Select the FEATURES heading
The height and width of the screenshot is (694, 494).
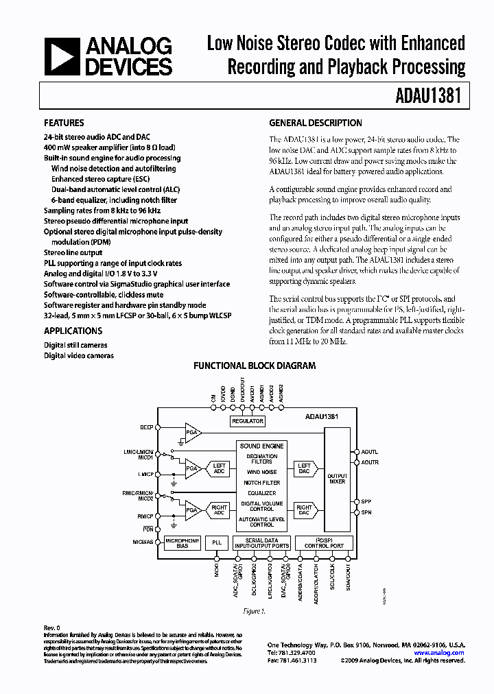(x=64, y=123)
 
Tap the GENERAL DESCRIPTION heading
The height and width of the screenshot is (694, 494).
(x=315, y=123)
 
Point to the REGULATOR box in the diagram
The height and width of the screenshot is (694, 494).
(x=248, y=421)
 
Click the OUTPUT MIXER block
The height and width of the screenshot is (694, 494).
(x=337, y=479)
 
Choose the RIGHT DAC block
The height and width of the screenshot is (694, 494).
(x=303, y=511)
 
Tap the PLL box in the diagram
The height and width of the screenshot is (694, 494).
(x=217, y=542)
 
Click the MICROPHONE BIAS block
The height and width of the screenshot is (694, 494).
(x=182, y=542)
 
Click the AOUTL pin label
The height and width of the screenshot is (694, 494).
(x=370, y=452)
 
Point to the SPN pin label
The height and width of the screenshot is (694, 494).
(x=366, y=512)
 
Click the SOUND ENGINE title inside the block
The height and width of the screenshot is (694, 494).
(x=261, y=446)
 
